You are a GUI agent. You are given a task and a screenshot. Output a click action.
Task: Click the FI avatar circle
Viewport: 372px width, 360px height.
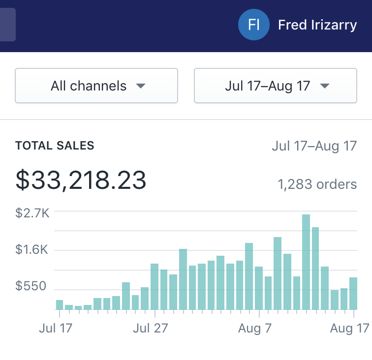pos(253,25)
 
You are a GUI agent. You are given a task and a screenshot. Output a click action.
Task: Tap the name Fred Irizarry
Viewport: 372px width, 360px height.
pos(317,25)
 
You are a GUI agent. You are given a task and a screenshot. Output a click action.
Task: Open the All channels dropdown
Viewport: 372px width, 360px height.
pos(96,86)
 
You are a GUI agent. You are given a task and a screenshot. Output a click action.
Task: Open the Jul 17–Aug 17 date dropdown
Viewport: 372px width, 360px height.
pos(276,86)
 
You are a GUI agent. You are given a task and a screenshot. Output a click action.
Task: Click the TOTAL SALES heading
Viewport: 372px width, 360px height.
pos(55,146)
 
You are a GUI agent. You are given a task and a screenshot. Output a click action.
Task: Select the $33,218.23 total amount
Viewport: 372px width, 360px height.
pos(81,180)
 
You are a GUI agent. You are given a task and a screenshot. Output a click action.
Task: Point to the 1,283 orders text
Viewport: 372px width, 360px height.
pos(317,184)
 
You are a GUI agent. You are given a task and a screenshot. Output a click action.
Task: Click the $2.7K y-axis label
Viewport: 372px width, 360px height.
pos(32,213)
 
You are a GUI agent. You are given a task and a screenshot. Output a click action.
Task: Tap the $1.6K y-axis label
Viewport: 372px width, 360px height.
pos(32,250)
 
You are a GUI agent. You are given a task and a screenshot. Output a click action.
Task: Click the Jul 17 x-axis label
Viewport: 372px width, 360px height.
pos(56,328)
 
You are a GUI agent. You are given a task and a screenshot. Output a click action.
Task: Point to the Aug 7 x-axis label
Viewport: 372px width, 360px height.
pos(255,328)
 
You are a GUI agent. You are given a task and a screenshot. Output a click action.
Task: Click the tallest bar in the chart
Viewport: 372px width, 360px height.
pos(306,262)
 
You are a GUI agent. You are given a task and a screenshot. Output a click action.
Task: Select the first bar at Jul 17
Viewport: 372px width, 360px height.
pos(60,304)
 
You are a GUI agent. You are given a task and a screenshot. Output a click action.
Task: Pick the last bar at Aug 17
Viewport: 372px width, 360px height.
pos(353,294)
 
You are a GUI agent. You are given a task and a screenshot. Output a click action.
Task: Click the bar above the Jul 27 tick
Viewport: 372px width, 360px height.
pos(155,287)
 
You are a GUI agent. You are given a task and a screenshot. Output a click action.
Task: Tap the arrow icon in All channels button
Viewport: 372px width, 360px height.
pos(141,86)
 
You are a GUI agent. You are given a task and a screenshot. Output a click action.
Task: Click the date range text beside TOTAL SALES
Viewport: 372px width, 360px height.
pos(314,146)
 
